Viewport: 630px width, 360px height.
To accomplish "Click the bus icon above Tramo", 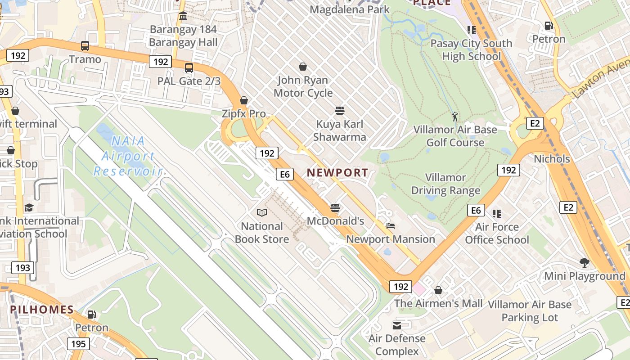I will coord(85,45).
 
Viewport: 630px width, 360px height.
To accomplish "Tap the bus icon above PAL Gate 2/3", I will coord(189,68).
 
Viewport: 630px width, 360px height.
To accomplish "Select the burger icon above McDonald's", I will coord(335,207).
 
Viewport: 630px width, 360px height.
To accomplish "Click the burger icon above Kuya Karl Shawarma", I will coord(340,111).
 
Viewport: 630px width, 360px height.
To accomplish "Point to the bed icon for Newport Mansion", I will coord(391,226).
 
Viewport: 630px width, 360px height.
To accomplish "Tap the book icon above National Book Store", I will coord(262,212).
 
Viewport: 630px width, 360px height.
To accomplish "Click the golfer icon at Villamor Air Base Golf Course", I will coord(455,117).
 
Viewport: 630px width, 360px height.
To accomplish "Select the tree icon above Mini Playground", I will coord(585,262).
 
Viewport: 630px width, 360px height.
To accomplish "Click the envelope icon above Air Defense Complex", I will coord(397,325).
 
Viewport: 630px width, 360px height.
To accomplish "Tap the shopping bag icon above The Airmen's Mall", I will coord(438,290).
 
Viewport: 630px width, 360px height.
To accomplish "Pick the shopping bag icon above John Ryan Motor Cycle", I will coord(303,67).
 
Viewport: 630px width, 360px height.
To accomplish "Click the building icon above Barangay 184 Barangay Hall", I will coord(183,17).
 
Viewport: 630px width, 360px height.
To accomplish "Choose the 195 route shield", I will coord(78,344).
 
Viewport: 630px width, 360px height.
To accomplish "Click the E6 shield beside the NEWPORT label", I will coord(285,174).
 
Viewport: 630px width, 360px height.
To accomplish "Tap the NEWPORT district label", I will coord(337,172).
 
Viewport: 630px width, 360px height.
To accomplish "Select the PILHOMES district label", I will coord(42,310).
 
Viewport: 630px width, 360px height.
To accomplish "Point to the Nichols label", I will coord(552,159).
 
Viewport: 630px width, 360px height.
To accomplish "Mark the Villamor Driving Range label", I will coord(445,184).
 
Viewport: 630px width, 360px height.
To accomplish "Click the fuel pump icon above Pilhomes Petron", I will coord(92,314).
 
